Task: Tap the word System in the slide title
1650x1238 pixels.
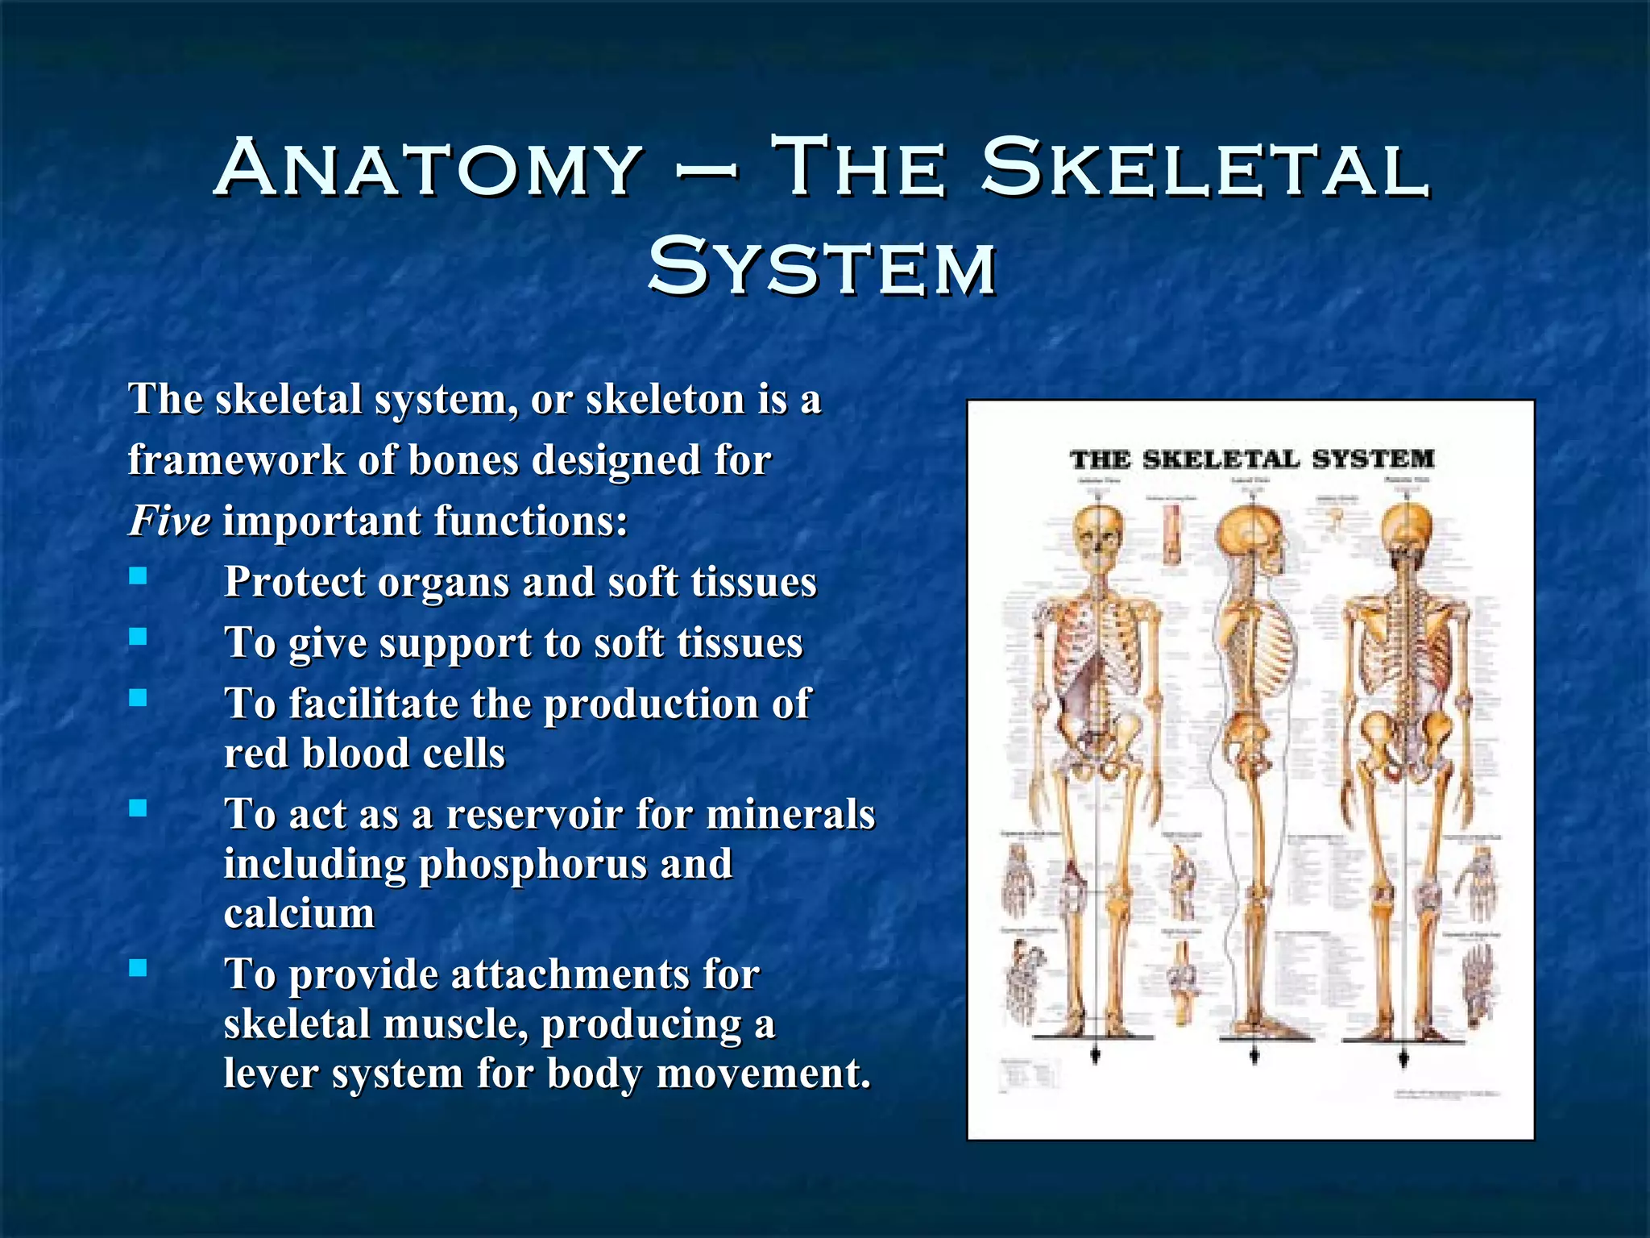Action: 823,266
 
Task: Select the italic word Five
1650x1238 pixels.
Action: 170,520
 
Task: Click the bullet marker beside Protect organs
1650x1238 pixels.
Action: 139,575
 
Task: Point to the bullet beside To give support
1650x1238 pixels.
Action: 139,637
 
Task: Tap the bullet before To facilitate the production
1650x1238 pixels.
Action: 139,698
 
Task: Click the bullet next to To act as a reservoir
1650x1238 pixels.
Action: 139,808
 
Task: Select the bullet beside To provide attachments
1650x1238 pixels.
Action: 139,968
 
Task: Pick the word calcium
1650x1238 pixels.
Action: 299,913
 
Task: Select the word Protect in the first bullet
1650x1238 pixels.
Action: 294,582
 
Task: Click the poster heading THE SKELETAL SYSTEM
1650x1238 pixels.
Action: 1252,459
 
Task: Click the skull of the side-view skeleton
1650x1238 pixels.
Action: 1249,535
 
